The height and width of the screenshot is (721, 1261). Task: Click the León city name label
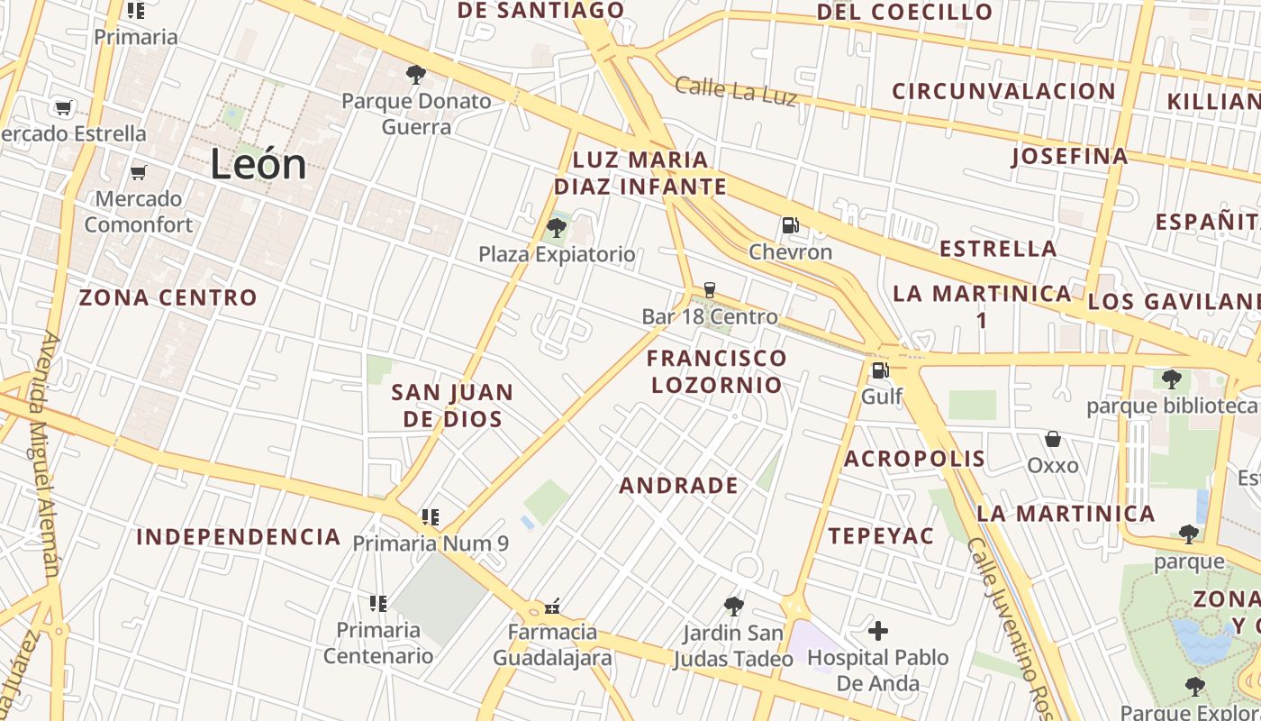pyautogui.click(x=259, y=165)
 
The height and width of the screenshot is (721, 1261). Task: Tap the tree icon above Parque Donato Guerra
pyautogui.click(x=415, y=74)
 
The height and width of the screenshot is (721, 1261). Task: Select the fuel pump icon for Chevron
pyautogui.click(x=790, y=225)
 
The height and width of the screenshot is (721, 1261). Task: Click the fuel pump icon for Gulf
pyautogui.click(x=880, y=370)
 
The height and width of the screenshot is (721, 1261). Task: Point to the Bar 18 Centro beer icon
pyautogui.click(x=710, y=290)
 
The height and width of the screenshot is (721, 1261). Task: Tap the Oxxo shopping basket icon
pyautogui.click(x=1053, y=439)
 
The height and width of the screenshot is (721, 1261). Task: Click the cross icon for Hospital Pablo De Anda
pyautogui.click(x=878, y=631)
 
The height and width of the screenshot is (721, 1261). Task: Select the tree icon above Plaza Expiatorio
pyautogui.click(x=557, y=227)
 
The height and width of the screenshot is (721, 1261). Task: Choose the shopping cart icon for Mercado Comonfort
pyautogui.click(x=139, y=172)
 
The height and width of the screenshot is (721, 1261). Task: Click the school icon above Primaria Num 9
pyautogui.click(x=431, y=517)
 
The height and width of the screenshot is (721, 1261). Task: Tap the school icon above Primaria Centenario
pyautogui.click(x=378, y=603)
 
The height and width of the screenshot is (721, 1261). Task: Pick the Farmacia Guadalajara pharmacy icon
pyautogui.click(x=552, y=607)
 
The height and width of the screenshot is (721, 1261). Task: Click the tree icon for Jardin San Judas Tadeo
pyautogui.click(x=734, y=607)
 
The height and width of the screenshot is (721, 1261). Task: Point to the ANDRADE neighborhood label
pyautogui.click(x=678, y=486)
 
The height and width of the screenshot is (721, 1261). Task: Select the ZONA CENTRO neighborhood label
pyautogui.click(x=168, y=297)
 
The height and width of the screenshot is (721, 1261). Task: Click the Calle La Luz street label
pyautogui.click(x=736, y=90)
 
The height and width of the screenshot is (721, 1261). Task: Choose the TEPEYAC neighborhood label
pyautogui.click(x=881, y=536)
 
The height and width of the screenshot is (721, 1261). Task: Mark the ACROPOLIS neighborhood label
pyautogui.click(x=914, y=459)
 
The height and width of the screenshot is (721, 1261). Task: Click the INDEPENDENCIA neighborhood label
pyautogui.click(x=238, y=538)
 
